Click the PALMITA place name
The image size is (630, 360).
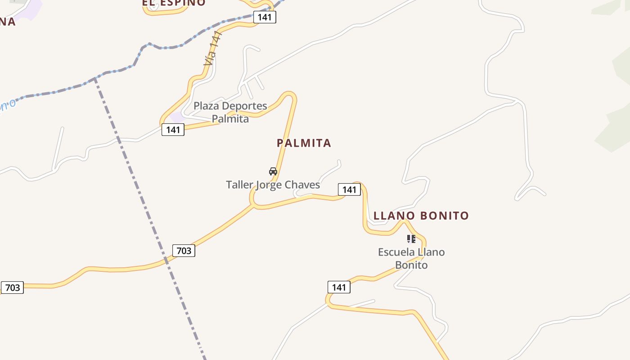[304, 143]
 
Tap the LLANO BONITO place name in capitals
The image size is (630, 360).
[421, 216]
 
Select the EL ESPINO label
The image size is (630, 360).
[174, 3]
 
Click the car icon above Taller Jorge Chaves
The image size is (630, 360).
[273, 171]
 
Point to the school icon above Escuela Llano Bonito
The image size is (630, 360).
[411, 239]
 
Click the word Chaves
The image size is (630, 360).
[302, 185]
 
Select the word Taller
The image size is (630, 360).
[239, 185]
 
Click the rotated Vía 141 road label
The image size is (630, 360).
[213, 49]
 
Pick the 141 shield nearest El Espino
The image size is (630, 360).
[265, 17]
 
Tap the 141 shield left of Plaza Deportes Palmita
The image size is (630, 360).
[173, 130]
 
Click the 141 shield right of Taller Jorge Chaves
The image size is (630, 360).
[349, 189]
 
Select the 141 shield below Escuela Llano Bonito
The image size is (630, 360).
[339, 287]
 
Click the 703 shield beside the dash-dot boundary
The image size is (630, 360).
[184, 250]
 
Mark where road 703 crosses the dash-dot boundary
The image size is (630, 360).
[166, 260]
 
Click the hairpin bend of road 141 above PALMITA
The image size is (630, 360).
[289, 94]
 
